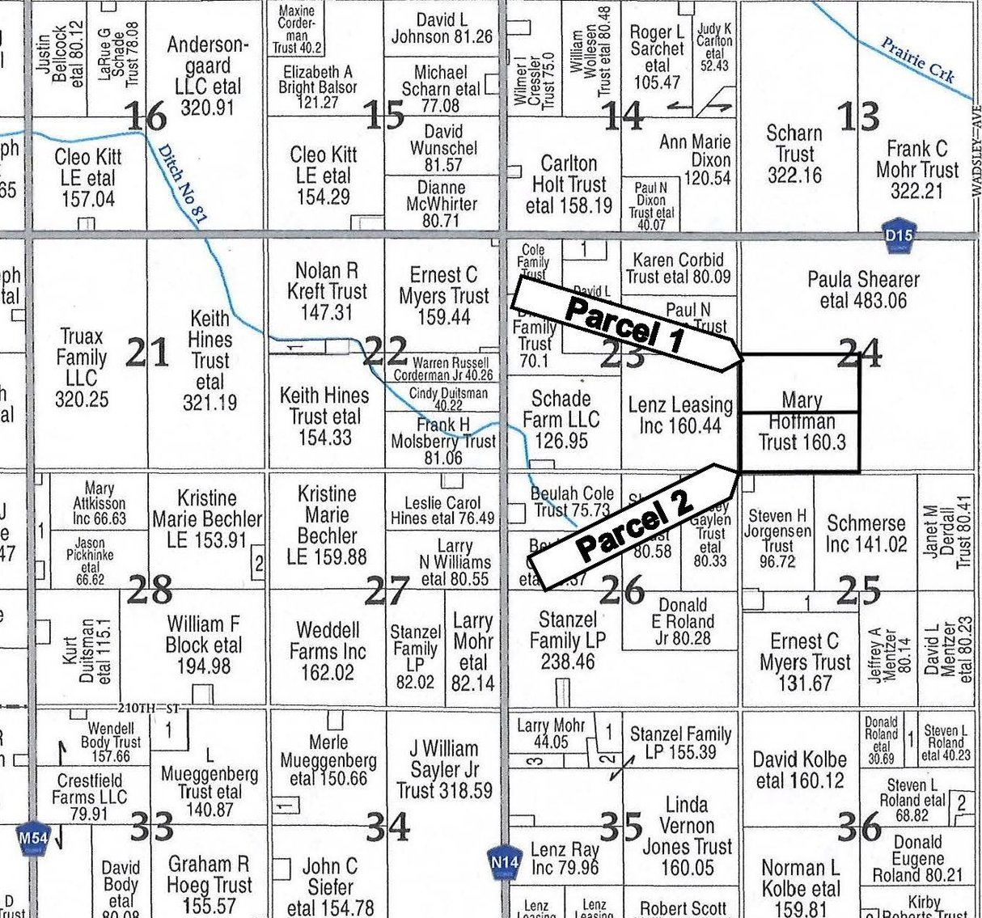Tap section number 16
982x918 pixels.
click(x=146, y=116)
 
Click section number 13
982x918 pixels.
click(x=858, y=116)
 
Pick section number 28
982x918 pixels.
click(x=150, y=590)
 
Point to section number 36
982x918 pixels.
click(x=859, y=827)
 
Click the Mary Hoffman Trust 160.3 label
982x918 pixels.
click(x=801, y=421)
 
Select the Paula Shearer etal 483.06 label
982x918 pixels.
click(x=863, y=290)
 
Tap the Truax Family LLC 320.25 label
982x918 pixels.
click(x=82, y=368)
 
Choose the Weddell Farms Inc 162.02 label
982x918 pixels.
click(x=328, y=651)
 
